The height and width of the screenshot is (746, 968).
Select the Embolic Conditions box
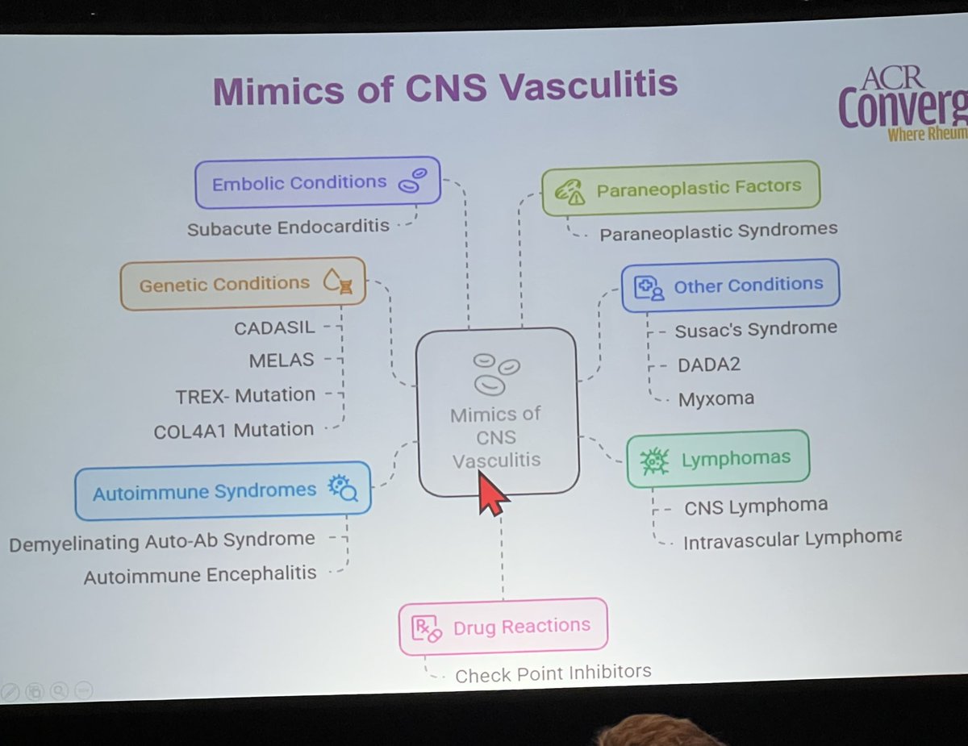318,182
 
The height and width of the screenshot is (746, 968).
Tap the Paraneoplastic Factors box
680,188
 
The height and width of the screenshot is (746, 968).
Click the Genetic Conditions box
242,284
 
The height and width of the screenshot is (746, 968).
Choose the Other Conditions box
730,285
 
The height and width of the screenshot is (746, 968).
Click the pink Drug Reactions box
503,627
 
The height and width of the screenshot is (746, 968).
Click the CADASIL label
274,328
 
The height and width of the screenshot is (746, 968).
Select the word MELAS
282,360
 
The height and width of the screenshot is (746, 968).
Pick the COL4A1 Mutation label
234,430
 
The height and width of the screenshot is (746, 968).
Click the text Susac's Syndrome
756,329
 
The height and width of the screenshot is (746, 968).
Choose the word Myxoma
716,398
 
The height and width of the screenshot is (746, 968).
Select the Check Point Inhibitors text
553,673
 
